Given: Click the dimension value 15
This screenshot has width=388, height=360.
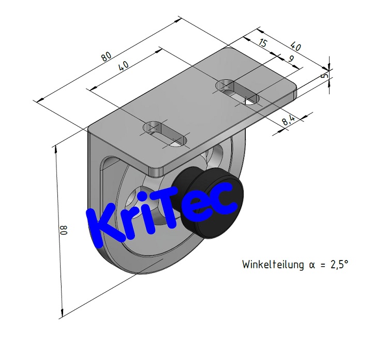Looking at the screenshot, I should pos(262,44).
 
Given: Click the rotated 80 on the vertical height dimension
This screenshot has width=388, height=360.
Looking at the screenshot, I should pos(64,229).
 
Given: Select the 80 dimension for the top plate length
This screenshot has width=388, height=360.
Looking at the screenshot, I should pos(106,56).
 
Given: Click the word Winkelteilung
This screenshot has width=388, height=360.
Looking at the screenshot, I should pos(273,265).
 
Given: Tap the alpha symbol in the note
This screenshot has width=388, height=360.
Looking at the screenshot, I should pos(311,265).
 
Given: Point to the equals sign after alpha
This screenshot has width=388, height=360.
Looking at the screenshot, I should pos(322,265).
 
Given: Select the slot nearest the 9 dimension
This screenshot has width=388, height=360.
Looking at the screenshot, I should pos(237,92).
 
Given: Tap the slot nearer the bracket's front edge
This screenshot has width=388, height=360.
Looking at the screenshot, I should pos(165,133).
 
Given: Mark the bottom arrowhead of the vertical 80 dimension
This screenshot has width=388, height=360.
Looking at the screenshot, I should pos(63,313).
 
